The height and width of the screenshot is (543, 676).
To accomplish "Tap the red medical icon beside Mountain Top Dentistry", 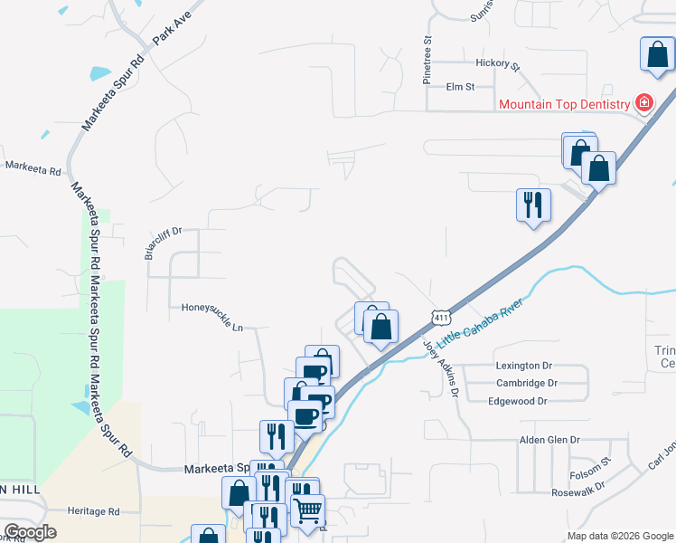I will tap(643, 103).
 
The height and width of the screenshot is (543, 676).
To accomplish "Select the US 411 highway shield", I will tap(440, 317).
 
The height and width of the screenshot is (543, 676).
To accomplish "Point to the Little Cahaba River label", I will tap(480, 328).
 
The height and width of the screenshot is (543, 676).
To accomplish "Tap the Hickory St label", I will tap(498, 64).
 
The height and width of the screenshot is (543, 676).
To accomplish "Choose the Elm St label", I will tap(460, 87).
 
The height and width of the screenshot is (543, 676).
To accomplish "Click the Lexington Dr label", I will tap(523, 366).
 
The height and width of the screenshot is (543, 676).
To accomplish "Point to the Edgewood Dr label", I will tap(519, 401).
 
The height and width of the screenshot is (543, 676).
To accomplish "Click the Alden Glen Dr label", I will tap(549, 440).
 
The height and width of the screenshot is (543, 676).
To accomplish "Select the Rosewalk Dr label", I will tap(578, 494).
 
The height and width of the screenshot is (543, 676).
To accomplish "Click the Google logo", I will tap(30, 532).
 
